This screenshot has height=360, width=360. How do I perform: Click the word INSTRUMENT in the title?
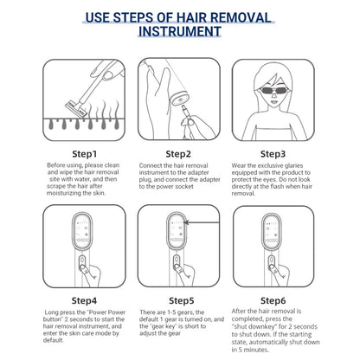180,31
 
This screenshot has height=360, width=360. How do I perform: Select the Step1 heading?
84,154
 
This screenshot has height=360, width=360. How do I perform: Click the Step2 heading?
178,154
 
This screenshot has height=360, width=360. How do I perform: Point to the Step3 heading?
273,154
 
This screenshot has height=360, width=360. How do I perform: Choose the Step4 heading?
84,300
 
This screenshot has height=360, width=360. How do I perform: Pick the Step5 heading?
182,300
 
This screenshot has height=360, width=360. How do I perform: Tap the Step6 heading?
273,300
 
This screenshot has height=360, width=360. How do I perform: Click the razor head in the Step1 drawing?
76,109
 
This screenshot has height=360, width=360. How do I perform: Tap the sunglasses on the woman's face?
273,92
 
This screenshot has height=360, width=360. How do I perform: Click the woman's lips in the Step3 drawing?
273,102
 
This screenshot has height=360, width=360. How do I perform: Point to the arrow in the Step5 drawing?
202,222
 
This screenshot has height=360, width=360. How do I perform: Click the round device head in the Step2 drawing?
180,98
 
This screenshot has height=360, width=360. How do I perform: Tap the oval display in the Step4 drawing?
82,231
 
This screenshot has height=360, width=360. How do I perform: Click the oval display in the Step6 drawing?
272,232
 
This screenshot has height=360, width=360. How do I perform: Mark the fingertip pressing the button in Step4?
83,268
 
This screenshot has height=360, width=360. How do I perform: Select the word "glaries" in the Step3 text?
292,165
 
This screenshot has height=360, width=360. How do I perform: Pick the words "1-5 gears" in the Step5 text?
180,312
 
